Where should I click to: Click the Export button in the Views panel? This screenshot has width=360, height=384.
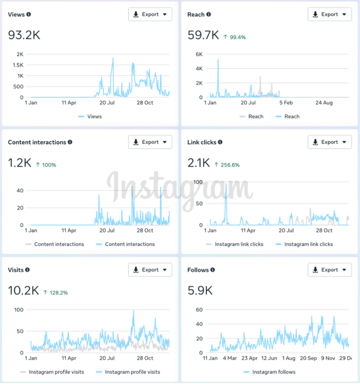coord(150,15)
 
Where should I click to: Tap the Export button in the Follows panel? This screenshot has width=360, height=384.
coord(330,270)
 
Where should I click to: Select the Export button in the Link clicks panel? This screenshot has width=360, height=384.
coord(330,142)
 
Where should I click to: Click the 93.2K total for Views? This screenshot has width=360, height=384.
coord(24,35)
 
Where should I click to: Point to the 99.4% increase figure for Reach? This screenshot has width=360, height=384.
coord(235,37)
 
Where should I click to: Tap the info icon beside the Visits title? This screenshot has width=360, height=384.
coord(27,270)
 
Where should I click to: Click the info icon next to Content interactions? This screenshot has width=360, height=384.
coord(70,142)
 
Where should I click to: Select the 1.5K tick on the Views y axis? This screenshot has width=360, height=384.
coord(18,65)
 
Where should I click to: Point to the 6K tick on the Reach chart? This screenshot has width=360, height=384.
coord(199,54)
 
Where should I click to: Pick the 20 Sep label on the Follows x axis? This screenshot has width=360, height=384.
coord(309,358)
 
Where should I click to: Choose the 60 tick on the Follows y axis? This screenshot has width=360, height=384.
coord(199,310)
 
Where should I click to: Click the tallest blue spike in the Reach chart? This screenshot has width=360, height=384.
coord(218,60)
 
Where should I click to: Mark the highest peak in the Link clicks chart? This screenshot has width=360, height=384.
coord(226,184)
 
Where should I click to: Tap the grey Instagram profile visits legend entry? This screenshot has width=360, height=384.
coord(52,372)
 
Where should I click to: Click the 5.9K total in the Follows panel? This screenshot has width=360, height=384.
coord(200,291)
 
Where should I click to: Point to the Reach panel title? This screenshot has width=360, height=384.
coord(196,15)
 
